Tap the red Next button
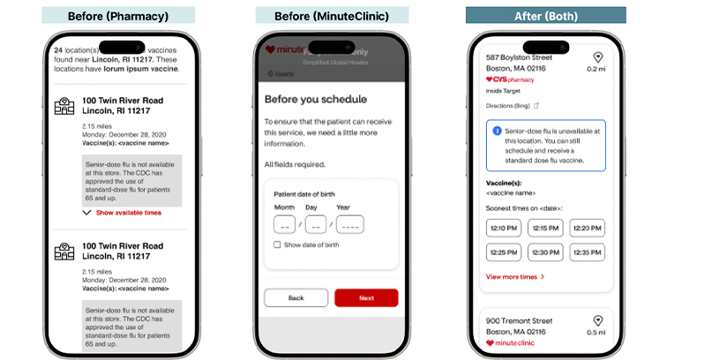click(366, 298)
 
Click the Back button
click(296, 298)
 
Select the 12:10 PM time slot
click(503, 229)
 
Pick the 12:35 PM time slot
click(588, 253)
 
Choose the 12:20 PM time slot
click(588, 229)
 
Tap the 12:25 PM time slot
click(503, 253)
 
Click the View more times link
click(515, 277)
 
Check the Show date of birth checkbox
click(277, 244)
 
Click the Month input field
click(285, 224)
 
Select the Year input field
click(349, 224)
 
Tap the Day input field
click(316, 224)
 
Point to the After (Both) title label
click(546, 15)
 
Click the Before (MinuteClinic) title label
click(330, 15)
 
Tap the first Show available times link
click(129, 213)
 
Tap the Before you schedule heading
click(315, 99)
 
